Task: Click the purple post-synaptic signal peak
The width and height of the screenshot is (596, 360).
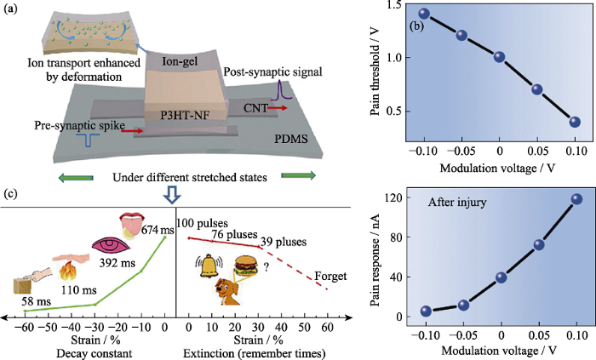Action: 277,89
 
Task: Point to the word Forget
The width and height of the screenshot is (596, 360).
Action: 330,276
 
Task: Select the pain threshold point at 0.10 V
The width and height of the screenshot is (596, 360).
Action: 575,122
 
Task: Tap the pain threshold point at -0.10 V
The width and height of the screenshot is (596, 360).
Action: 424,14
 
